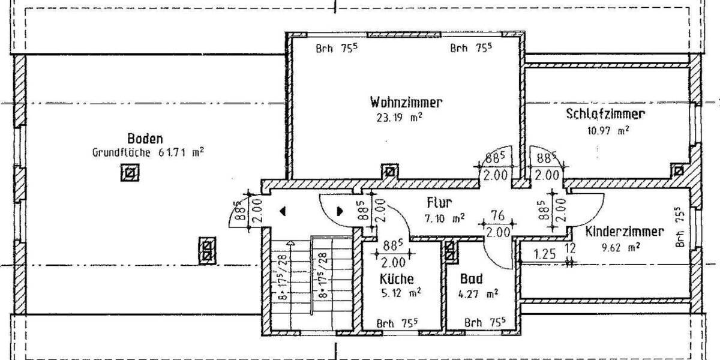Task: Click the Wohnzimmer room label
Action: pos(406,102)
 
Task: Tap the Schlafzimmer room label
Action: pos(605,114)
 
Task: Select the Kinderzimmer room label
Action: pos(625,231)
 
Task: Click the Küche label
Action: pos(397,279)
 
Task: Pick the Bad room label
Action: pos(472,279)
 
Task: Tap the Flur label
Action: pos(439,202)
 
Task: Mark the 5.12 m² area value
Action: pos(400,293)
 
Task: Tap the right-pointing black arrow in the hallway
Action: pos(340,211)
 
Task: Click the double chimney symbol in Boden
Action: pos(207,249)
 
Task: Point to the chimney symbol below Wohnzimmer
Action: pos(391,171)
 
